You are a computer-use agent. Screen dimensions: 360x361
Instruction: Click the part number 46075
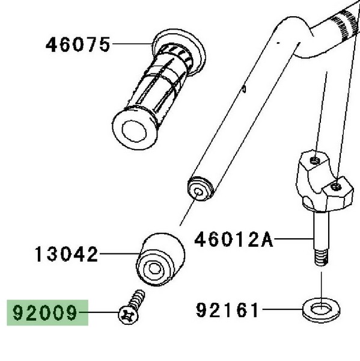click(x=78, y=45)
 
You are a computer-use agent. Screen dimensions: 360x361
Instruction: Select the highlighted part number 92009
click(x=45, y=312)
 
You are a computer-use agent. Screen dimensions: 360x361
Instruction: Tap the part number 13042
click(x=67, y=254)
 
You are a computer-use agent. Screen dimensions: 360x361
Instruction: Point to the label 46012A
click(x=234, y=239)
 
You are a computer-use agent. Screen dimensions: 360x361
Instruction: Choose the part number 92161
click(x=227, y=310)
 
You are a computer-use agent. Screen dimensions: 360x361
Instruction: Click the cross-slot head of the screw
click(x=129, y=315)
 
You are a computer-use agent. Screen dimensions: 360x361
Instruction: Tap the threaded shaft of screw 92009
click(x=136, y=299)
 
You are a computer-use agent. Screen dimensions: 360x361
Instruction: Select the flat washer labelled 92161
click(x=321, y=310)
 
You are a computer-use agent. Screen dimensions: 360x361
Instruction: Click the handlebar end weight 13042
click(x=160, y=259)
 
